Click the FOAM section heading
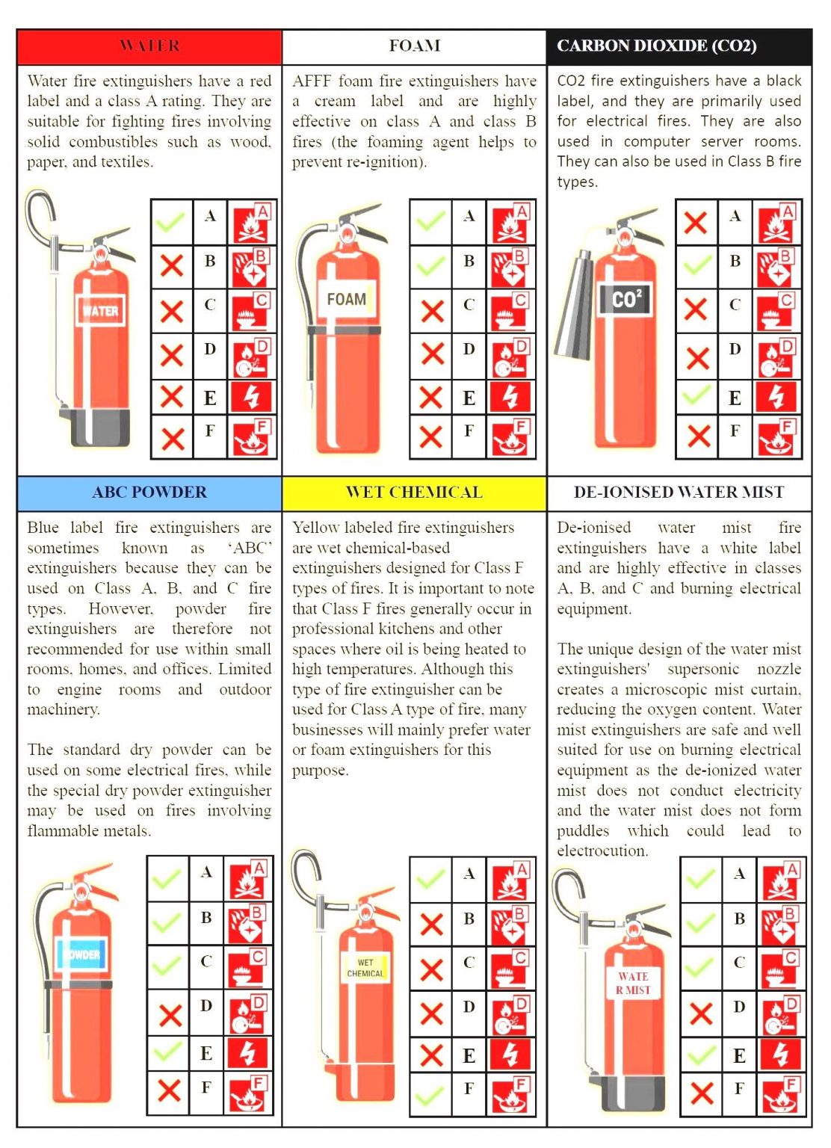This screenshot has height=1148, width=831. pyautogui.click(x=414, y=46)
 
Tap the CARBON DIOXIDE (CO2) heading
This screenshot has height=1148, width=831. pyautogui.click(x=656, y=46)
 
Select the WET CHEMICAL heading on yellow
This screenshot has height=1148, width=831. pyautogui.click(x=414, y=492)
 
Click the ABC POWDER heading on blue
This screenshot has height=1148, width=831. pyautogui.click(x=149, y=492)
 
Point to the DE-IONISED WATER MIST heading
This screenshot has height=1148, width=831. pyautogui.click(x=679, y=492)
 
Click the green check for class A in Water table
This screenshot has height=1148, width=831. pyautogui.click(x=171, y=221)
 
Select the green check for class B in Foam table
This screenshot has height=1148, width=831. pyautogui.click(x=430, y=265)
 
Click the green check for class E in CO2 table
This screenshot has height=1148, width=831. pyautogui.click(x=696, y=395)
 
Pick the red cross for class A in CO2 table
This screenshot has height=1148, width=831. pyautogui.click(x=696, y=222)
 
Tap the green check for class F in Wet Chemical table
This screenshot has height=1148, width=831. pyautogui.click(x=430, y=1096)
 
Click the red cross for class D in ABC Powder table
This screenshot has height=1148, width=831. pyautogui.click(x=170, y=1015)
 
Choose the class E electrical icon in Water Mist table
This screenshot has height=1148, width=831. pyautogui.click(x=781, y=1054)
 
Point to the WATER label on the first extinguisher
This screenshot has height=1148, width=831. pyautogui.click(x=100, y=311)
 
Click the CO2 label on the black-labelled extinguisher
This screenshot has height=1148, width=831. pyautogui.click(x=626, y=299)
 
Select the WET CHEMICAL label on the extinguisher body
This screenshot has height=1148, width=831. pyautogui.click(x=365, y=968)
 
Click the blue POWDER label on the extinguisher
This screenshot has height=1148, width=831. pyautogui.click(x=81, y=954)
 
